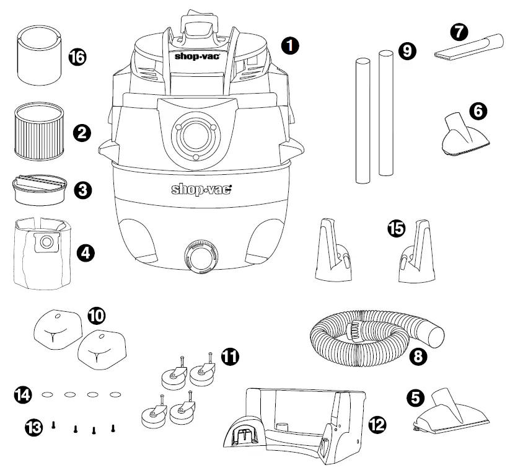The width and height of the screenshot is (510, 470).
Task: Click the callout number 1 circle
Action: (290, 45)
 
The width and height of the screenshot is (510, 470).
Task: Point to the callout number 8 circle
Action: (419, 357)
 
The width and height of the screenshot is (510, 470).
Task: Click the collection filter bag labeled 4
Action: (40, 253)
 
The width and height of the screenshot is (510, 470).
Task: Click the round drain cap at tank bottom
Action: (200, 255)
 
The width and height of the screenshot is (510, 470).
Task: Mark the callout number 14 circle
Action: (24, 394)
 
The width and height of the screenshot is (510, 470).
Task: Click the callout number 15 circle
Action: (395, 228)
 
